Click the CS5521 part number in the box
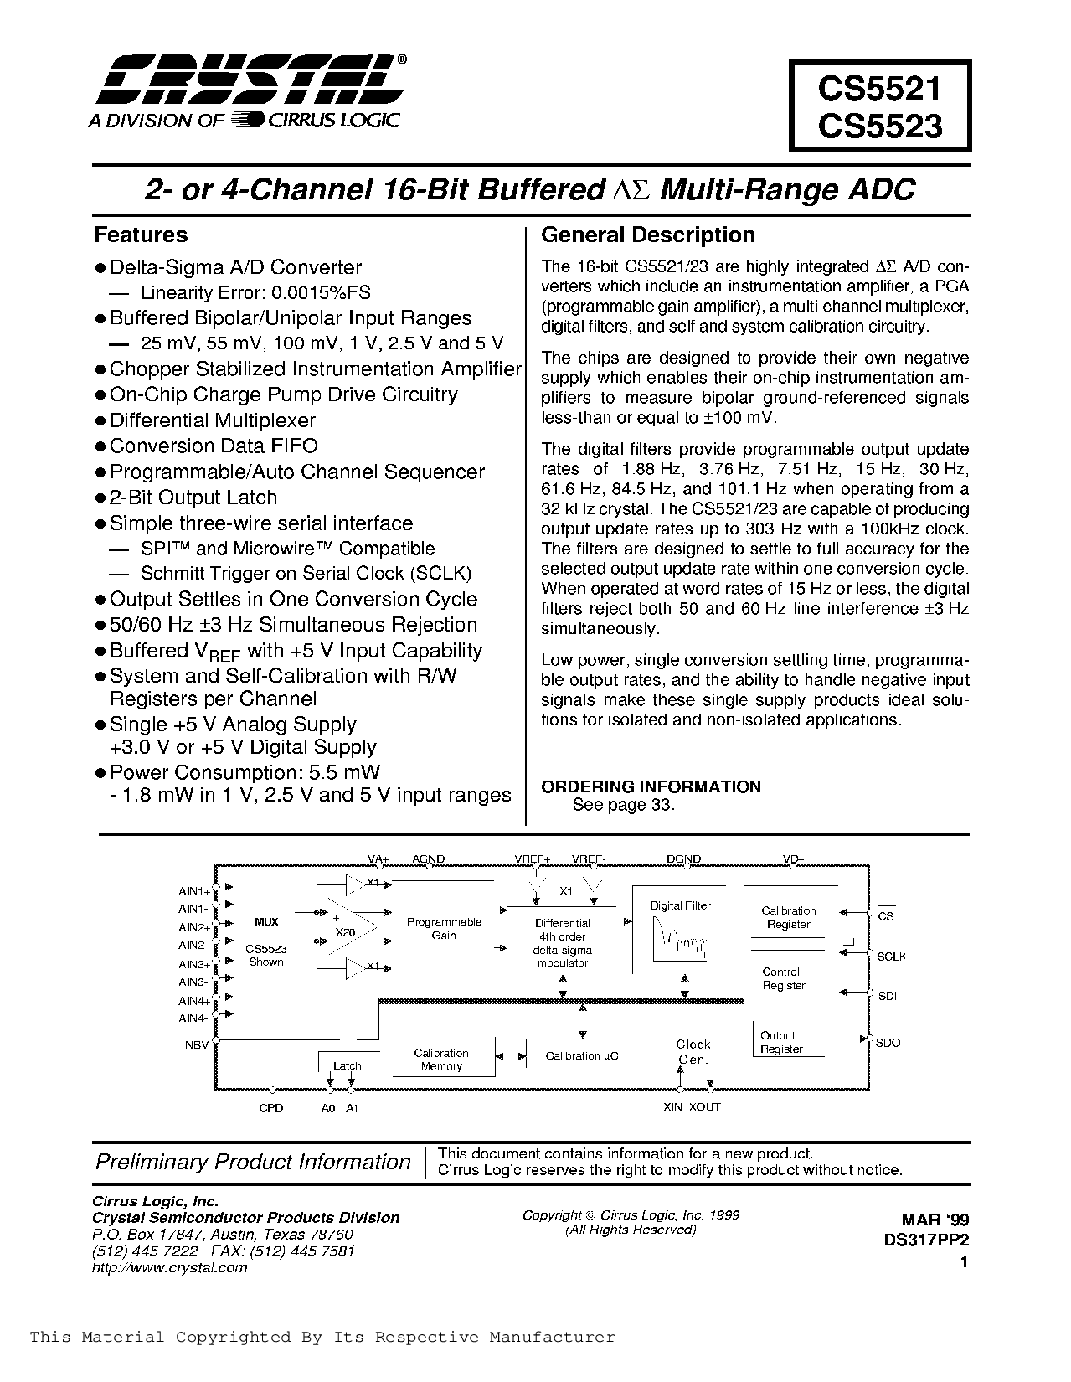(x=880, y=87)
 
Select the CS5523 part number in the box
(x=880, y=126)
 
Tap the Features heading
(x=141, y=235)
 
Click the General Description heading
(x=648, y=235)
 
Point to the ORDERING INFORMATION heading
(x=651, y=786)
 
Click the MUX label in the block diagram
(x=266, y=921)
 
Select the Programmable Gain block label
(x=444, y=928)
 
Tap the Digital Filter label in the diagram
(x=680, y=905)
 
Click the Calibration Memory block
(x=441, y=1060)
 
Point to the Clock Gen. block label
(x=693, y=1051)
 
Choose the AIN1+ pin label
(x=194, y=891)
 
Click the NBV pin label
(x=196, y=1044)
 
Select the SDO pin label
(x=888, y=1043)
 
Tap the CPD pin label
(x=271, y=1107)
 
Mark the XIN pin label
(x=673, y=1106)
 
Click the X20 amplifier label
(x=343, y=932)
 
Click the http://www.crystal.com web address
(x=169, y=1267)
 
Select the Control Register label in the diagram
(x=784, y=978)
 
